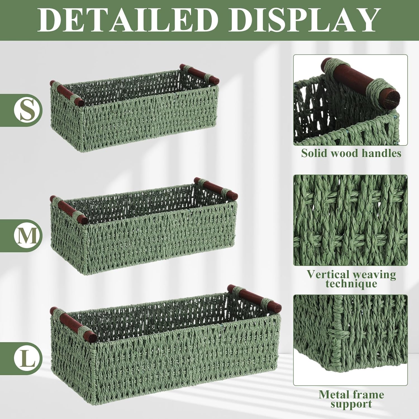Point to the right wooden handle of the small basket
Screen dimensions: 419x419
click(x=199, y=73)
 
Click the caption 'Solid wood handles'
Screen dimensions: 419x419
click(x=351, y=153)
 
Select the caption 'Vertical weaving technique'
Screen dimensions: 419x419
click(x=351, y=279)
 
